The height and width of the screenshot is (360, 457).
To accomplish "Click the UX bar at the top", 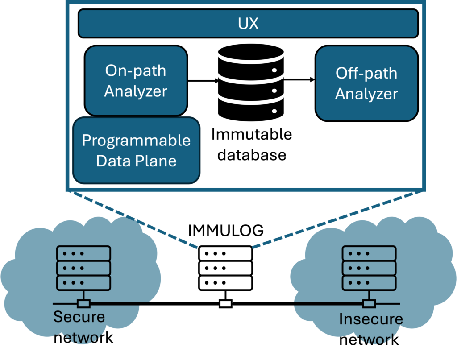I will tap(248, 23).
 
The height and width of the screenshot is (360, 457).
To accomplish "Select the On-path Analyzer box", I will tap(136, 81).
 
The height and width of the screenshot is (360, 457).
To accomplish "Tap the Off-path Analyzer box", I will tap(366, 83).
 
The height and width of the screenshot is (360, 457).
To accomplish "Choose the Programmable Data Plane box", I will tap(136, 150).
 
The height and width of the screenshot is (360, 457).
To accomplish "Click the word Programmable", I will tap(136, 141).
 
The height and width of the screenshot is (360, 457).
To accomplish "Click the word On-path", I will tap(136, 70).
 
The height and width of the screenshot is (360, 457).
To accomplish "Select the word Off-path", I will tap(366, 73).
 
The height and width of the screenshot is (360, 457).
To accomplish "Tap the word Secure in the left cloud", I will tap(79, 317).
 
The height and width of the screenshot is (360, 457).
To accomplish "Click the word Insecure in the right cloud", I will tap(371, 319).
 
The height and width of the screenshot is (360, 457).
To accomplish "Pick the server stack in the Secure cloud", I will tap(83, 268).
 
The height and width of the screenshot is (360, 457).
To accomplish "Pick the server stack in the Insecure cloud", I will tap(369, 268).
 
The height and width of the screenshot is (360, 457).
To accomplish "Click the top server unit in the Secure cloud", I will tap(83, 253).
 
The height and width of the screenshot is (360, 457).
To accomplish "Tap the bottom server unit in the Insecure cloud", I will tap(369, 282).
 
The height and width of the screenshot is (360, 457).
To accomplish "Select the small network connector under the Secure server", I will tap(83, 304).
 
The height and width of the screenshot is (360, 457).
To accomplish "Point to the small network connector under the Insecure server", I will tap(369, 304).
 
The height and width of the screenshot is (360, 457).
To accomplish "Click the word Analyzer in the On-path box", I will tap(136, 91).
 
